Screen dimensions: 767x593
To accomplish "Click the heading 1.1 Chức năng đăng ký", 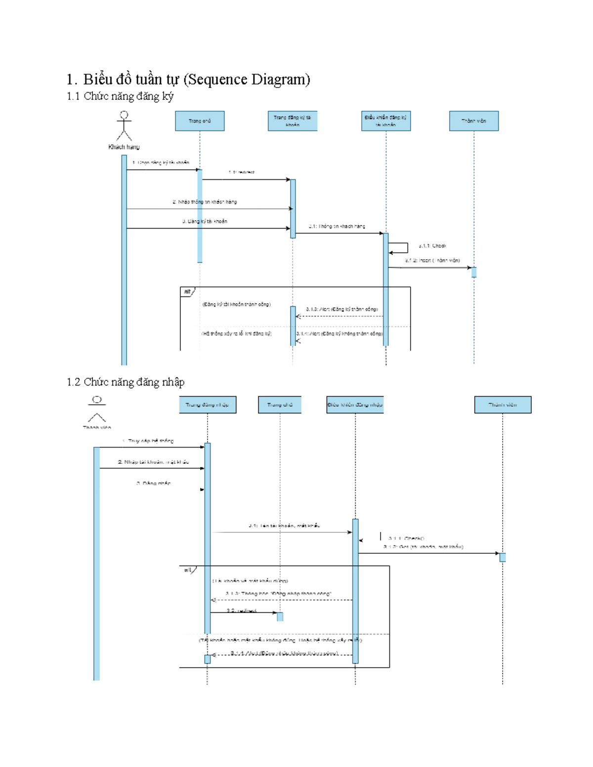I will pyautogui.click(x=120, y=96).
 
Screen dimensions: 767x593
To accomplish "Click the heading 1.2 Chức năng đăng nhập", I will pyautogui.click(x=126, y=382).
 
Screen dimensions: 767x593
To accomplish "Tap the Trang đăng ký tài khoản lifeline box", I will pyautogui.click(x=292, y=121).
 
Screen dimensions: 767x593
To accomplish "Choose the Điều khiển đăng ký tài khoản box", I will pyautogui.click(x=385, y=121).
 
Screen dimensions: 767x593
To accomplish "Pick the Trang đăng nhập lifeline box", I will pyautogui.click(x=208, y=404).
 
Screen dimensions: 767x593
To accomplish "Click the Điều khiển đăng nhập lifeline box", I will pyautogui.click(x=355, y=404).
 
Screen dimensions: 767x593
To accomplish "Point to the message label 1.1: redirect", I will pyautogui.click(x=241, y=172).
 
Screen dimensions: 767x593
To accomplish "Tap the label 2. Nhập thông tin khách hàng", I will pyautogui.click(x=205, y=202).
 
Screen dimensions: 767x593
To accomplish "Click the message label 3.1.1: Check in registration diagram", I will pyautogui.click(x=432, y=245).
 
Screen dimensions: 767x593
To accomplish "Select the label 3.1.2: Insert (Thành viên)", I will pyautogui.click(x=432, y=260).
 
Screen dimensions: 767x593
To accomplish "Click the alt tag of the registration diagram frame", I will pyautogui.click(x=187, y=292).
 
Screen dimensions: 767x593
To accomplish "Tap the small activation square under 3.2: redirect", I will pyautogui.click(x=280, y=616).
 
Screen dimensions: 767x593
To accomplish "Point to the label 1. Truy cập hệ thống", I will pyautogui.click(x=148, y=441).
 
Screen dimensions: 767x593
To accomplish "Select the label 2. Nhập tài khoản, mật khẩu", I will pyautogui.click(x=153, y=462).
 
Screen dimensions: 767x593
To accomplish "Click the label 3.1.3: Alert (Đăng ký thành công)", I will pyautogui.click(x=341, y=309).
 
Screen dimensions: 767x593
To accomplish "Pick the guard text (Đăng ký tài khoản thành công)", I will pyautogui.click(x=236, y=304).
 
